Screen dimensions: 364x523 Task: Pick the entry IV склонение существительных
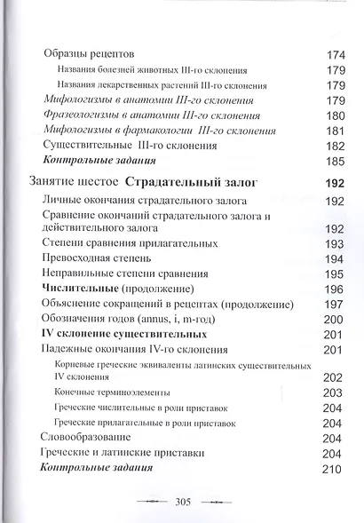coord(125,335)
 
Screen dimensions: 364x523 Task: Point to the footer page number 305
coord(183,502)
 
